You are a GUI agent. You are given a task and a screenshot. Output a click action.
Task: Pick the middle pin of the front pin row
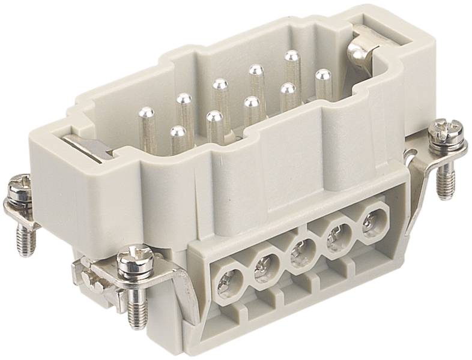(251, 102)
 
